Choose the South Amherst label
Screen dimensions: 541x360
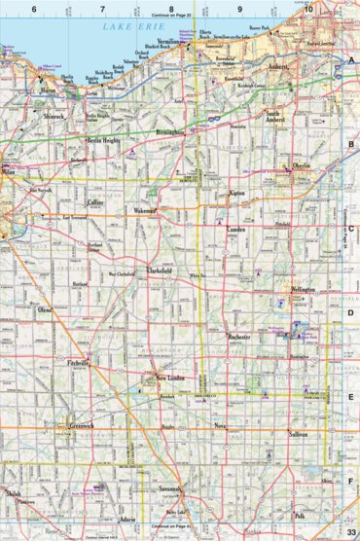pos(280,119)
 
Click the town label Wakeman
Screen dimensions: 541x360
pos(147,209)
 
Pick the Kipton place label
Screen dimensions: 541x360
pos(236,195)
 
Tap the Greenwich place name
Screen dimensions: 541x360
pos(82,425)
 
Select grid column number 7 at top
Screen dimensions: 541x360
pos(102,10)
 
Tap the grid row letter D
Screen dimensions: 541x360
pos(350,313)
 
